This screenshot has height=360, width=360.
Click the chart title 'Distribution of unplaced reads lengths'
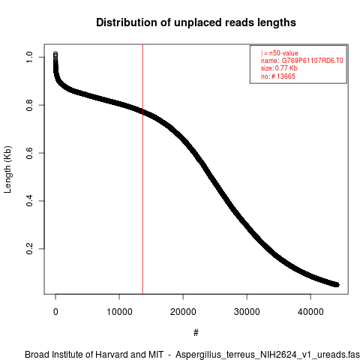coord(196,22)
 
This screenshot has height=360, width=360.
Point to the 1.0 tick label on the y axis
coord(29,57)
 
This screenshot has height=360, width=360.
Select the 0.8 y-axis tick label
coord(29,105)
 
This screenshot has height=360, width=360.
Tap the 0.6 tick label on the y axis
coord(29,153)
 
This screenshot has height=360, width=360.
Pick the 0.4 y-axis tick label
coord(29,201)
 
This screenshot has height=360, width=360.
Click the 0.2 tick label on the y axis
coord(29,249)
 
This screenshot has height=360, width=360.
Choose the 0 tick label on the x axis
coord(55,312)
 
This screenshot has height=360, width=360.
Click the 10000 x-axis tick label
coord(119,312)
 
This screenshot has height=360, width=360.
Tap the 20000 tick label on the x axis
coord(183,312)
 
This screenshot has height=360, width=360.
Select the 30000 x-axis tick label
coord(247,312)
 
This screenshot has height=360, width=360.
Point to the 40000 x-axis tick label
coord(310,312)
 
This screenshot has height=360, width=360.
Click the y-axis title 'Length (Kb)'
coord(7,169)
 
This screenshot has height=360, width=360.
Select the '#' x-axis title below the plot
coord(196,333)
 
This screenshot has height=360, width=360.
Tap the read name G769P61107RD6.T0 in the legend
coord(313,61)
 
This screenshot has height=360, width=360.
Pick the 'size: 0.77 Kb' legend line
coord(279,68)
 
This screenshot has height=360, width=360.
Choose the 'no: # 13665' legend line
coord(278,76)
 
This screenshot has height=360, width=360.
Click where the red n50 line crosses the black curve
coord(142,112)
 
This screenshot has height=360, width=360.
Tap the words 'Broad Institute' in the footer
coord(57,355)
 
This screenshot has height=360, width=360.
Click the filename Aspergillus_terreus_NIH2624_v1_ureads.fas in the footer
coord(268,355)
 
